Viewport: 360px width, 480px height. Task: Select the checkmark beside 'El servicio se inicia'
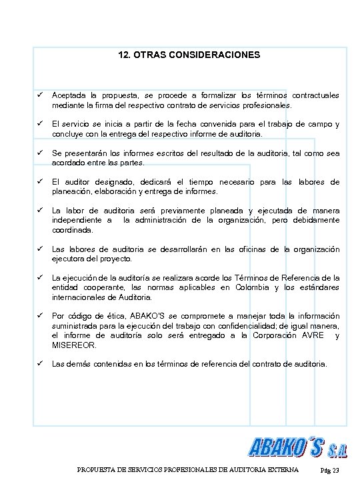click(40, 125)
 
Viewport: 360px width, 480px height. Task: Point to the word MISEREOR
click(74, 345)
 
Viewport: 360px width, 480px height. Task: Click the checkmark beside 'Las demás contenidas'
click(40, 365)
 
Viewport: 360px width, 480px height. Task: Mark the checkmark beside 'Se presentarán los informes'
click(40, 153)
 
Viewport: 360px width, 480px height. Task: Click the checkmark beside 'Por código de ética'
click(40, 315)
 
